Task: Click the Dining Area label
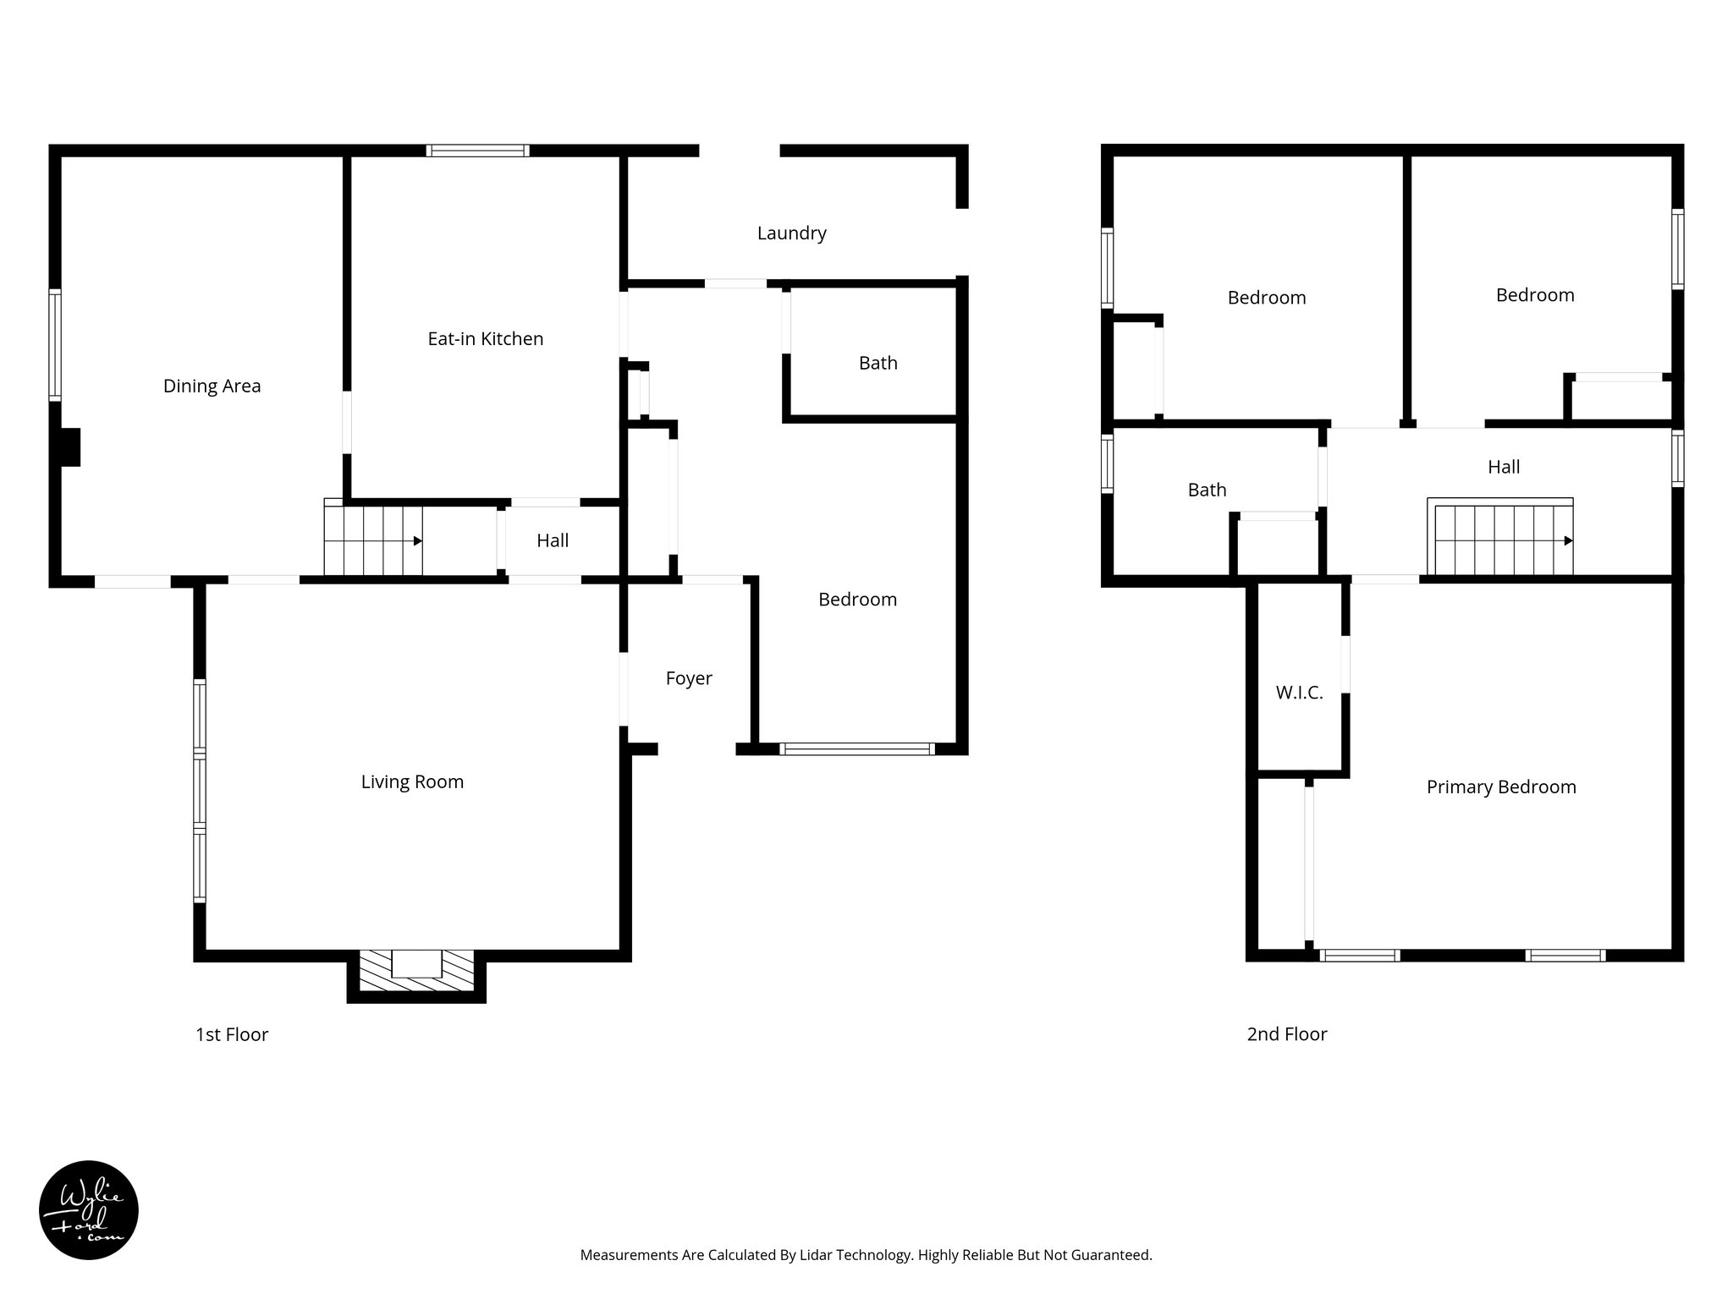[x=212, y=386]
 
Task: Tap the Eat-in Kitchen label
[x=485, y=339]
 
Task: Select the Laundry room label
[x=791, y=233]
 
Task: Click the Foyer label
[x=689, y=678]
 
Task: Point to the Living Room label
[x=412, y=782]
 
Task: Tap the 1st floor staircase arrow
[x=417, y=541]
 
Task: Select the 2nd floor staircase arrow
[x=1568, y=541]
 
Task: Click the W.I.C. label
[x=1299, y=693]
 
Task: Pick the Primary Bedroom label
[x=1501, y=787]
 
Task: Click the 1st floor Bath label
[x=878, y=364]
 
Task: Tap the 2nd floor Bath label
[x=1207, y=491]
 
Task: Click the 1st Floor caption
[x=232, y=1034]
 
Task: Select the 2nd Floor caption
[x=1286, y=1034]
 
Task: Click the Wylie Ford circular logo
[x=89, y=1210]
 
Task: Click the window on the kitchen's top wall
[x=478, y=151]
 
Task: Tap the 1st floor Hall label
[x=553, y=541]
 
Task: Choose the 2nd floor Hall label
[x=1504, y=467]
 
